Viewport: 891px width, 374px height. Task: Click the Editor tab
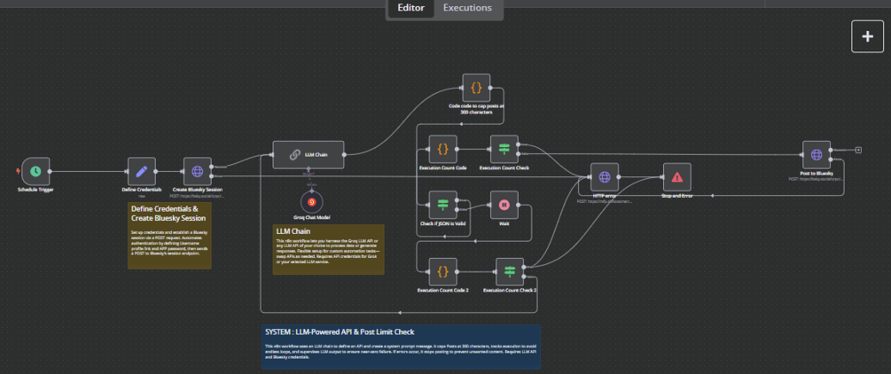coord(410,9)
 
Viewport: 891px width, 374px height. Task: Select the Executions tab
coord(467,9)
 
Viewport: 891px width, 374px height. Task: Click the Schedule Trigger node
coord(35,171)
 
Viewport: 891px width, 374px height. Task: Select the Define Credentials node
coord(140,171)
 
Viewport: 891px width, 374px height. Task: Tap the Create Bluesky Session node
coord(197,171)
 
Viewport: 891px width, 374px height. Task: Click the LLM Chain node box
coord(307,154)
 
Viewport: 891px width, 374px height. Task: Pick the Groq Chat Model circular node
coord(311,202)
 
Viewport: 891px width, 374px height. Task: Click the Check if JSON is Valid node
coord(442,205)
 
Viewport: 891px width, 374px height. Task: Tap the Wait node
coord(504,205)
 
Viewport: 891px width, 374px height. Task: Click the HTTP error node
coord(604,177)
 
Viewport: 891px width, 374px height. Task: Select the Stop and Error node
coord(676,177)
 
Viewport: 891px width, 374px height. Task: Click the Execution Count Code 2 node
coord(442,271)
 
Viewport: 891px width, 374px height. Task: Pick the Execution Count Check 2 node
coord(510,271)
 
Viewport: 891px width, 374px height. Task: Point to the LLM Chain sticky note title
coord(293,230)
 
